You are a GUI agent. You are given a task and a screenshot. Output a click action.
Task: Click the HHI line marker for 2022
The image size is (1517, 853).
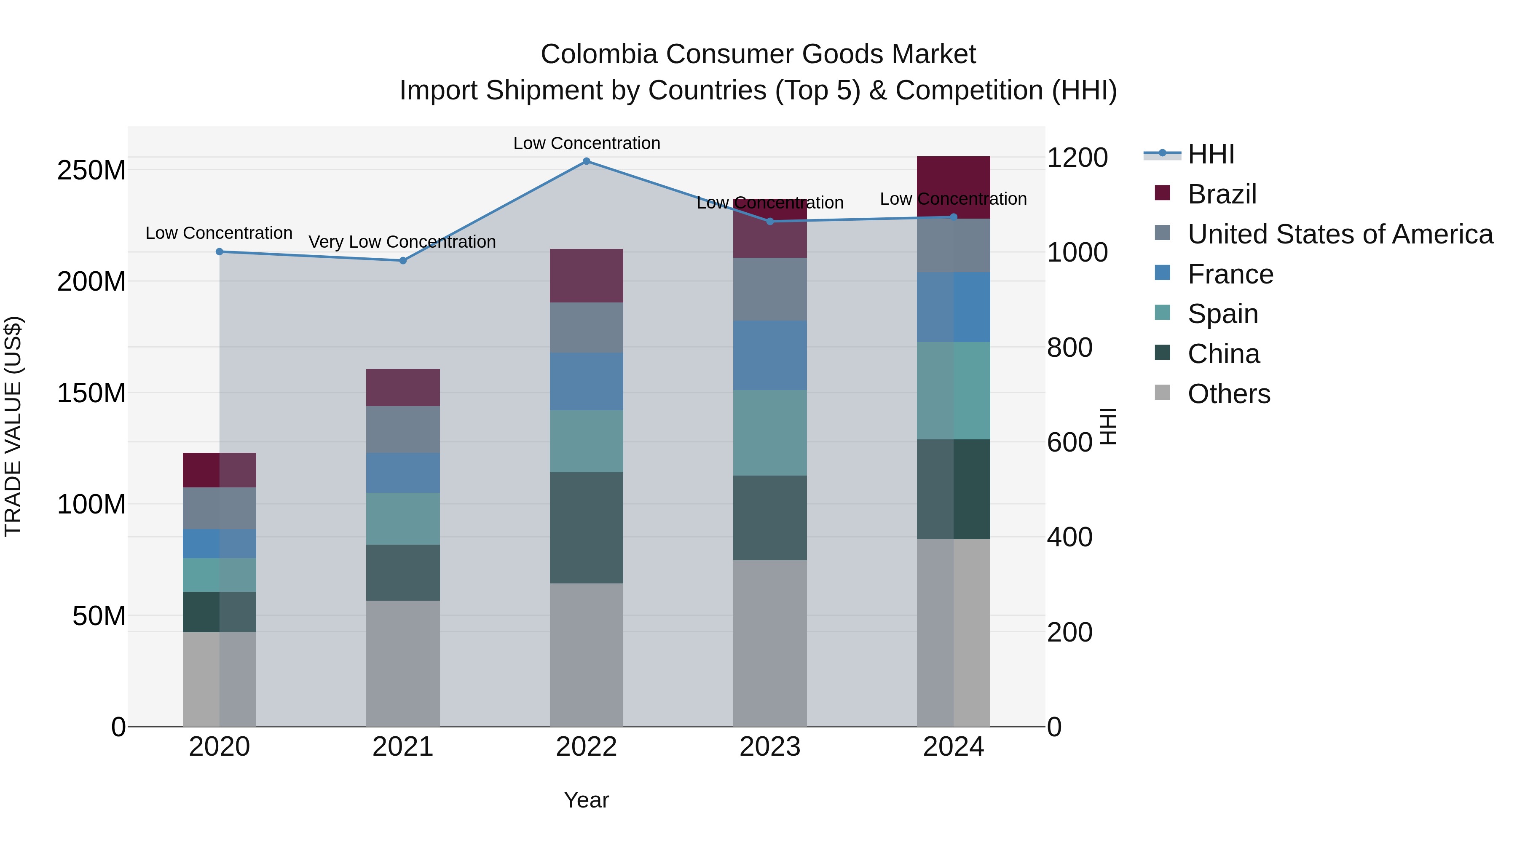tap(586, 161)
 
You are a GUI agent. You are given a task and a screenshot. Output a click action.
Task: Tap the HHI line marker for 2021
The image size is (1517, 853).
tap(403, 261)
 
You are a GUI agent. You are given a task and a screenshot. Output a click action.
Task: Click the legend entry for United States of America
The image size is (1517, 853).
tap(1340, 234)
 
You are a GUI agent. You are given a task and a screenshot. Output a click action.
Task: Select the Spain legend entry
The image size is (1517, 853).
tap(1222, 314)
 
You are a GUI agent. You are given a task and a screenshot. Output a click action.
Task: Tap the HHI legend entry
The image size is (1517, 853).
tap(1210, 154)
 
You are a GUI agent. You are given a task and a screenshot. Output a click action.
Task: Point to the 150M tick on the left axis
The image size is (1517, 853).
tap(91, 393)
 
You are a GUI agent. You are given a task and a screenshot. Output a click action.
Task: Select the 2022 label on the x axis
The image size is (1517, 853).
tap(586, 747)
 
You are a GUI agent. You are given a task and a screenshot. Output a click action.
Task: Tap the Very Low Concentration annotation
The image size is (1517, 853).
tap(402, 242)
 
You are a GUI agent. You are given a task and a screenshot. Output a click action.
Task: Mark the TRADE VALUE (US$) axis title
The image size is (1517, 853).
tap(13, 426)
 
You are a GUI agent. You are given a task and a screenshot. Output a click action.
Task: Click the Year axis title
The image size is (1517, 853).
tap(586, 800)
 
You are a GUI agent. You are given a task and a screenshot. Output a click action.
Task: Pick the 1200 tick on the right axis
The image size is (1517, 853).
tap(1077, 158)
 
